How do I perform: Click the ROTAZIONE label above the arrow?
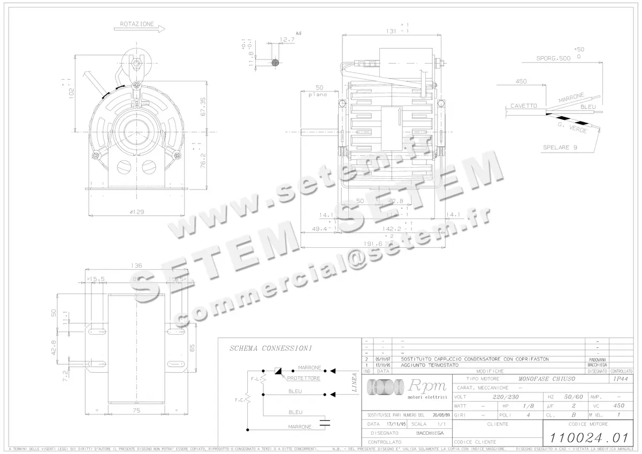click(137, 24)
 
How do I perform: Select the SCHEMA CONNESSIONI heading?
click(271, 349)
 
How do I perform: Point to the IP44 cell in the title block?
click(621, 379)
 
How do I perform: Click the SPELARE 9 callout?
click(560, 147)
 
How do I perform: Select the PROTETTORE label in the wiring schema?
click(304, 378)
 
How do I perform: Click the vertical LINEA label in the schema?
click(354, 382)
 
